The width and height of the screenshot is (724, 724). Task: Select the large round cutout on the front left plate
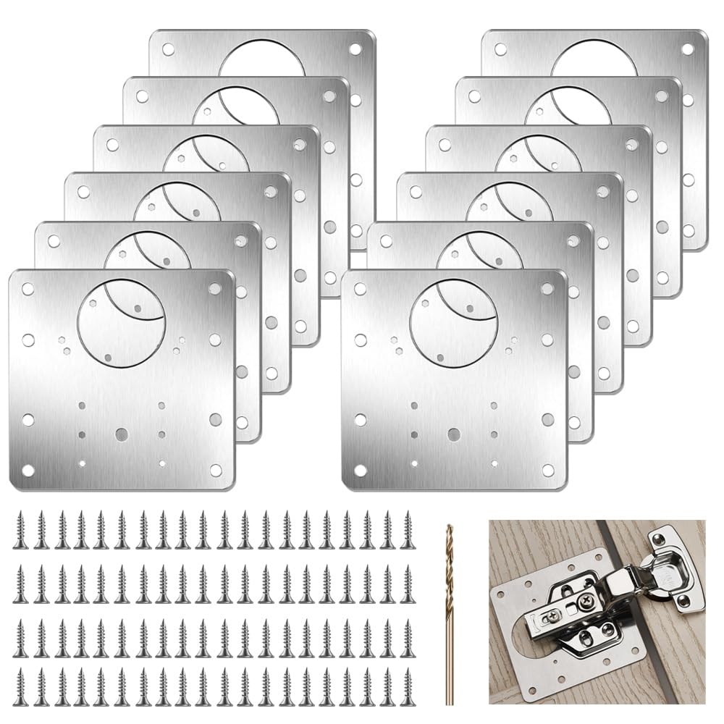point(122,323)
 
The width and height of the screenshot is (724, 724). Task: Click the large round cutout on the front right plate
point(453,323)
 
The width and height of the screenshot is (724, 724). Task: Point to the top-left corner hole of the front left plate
point(28,289)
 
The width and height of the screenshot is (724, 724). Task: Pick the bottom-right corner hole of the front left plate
point(216,471)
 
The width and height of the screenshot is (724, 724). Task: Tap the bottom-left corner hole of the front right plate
point(360,471)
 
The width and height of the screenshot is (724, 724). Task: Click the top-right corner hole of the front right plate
point(547,289)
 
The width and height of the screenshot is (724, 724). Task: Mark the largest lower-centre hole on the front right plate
point(453,434)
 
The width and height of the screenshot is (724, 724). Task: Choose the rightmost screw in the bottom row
point(408,686)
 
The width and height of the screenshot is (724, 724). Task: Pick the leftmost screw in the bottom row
point(21,686)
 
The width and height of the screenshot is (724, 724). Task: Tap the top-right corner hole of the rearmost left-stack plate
point(355,49)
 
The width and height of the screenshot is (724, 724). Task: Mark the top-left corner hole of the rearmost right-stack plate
point(500,49)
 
